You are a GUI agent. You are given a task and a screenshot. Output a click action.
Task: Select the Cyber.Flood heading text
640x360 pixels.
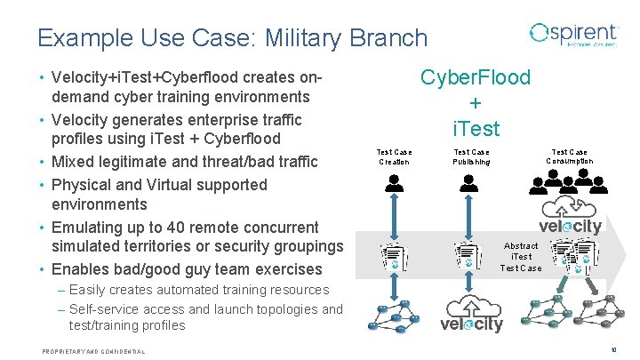coord(476,77)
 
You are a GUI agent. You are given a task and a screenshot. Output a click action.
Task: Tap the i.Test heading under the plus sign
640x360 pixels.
coord(476,129)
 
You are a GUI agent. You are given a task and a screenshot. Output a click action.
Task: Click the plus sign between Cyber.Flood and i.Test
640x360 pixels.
coord(476,103)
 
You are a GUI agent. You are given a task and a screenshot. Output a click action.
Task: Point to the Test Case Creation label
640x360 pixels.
coord(395,157)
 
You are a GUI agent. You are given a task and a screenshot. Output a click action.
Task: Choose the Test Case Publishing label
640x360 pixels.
coord(471,157)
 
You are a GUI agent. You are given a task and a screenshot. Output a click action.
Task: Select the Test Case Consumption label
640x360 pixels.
coord(570,156)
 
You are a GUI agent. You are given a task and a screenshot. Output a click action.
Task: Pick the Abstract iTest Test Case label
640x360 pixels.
coord(520,256)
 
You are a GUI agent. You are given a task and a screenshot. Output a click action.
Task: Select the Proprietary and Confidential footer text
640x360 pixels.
coord(93,352)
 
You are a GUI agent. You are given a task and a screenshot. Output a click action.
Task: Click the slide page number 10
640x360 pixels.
coord(614,351)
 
